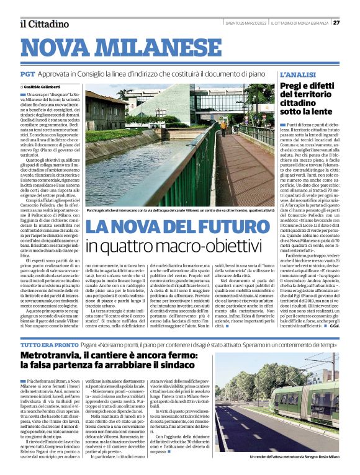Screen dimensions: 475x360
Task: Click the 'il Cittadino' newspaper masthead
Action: click(x=44, y=24)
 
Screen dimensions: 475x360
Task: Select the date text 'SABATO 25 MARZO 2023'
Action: click(x=246, y=23)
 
